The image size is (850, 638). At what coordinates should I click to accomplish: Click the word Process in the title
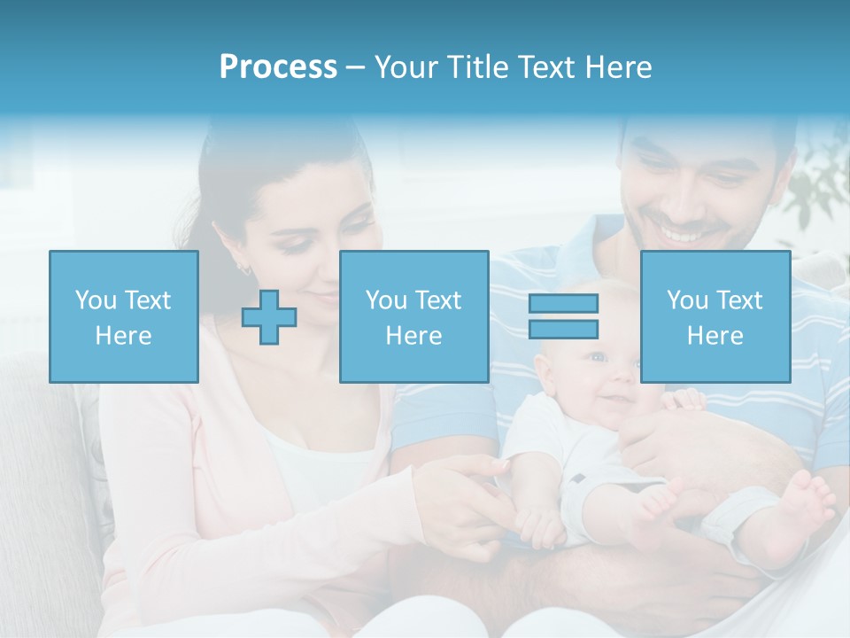[278, 66]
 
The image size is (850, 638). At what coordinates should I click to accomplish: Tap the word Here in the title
[615, 66]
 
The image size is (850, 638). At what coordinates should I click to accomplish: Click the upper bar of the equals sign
[563, 303]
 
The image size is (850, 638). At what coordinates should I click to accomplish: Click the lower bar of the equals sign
[563, 330]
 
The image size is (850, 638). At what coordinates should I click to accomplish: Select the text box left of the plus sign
[123, 316]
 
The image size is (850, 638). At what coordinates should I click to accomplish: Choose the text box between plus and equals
[413, 316]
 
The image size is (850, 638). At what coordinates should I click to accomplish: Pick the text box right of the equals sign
[715, 316]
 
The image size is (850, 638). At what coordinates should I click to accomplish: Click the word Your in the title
[406, 66]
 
